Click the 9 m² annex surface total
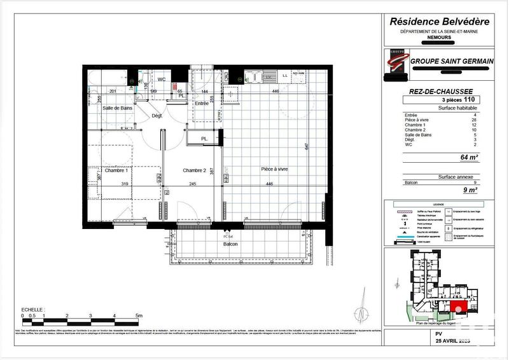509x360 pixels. click(470, 190)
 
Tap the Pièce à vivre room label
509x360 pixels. click(275, 169)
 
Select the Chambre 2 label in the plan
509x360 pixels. click(195, 170)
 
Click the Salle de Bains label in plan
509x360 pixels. click(118, 109)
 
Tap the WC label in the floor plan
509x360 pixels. click(162, 80)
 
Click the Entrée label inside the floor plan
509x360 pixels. click(202, 103)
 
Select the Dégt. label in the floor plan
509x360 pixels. click(157, 116)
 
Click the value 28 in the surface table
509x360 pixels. click(473, 120)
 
